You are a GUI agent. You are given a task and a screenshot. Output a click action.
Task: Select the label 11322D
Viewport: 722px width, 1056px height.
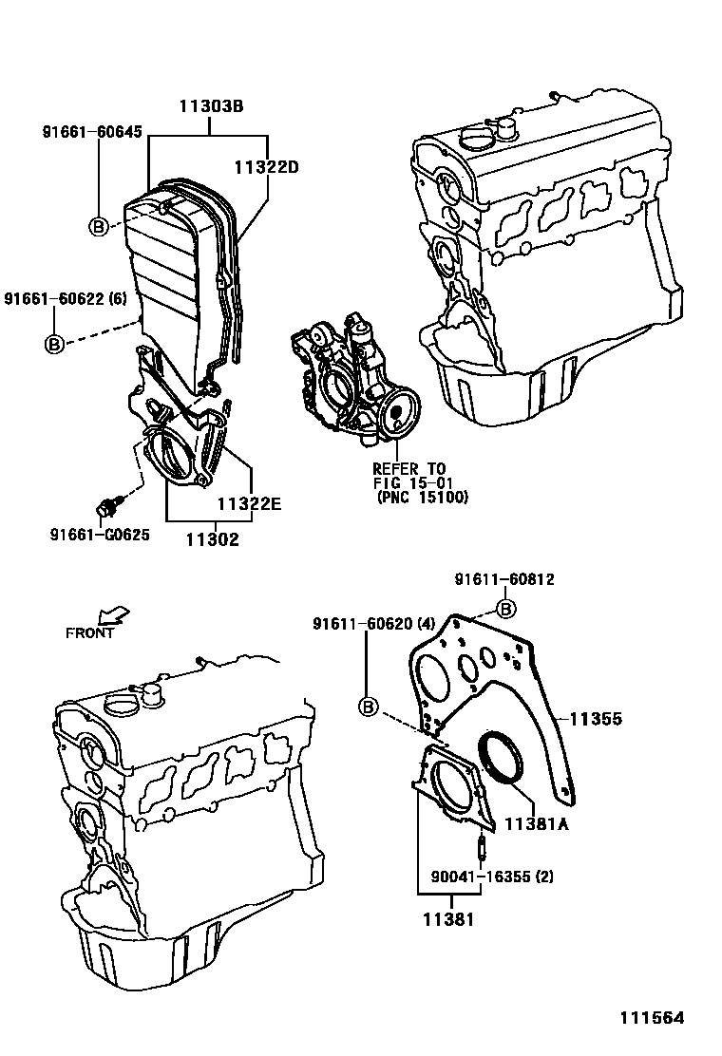coord(266,167)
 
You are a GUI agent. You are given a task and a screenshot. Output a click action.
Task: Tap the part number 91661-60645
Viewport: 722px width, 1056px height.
coord(92,132)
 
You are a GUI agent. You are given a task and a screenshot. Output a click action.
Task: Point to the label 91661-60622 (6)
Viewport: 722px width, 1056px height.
coord(65,298)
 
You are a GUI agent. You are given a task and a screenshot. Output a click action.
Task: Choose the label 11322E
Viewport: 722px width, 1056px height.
coord(249,503)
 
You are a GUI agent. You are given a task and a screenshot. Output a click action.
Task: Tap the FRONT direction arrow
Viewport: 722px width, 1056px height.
coord(115,615)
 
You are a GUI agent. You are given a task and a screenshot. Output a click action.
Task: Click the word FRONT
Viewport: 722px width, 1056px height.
coord(90,633)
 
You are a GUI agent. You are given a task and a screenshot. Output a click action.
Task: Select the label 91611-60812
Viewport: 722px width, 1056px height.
coord(503,579)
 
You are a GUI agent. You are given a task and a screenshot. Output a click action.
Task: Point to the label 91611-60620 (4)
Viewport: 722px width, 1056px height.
coord(374,623)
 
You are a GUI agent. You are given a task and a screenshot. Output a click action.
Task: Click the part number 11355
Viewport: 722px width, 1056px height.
coord(596,720)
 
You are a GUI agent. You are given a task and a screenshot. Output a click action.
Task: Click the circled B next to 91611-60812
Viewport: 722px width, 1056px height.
coord(505,609)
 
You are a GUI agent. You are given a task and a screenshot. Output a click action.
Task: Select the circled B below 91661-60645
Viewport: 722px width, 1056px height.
coord(98,226)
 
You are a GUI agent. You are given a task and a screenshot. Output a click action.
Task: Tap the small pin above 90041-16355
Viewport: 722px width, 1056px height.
coord(481,843)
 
